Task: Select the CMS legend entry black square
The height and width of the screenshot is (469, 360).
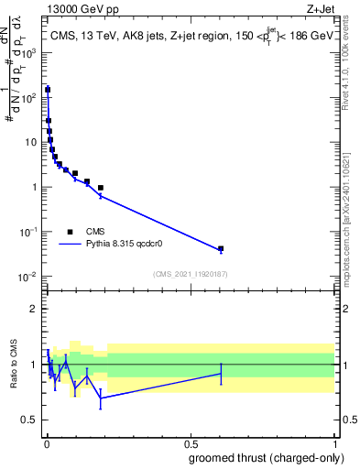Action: pyautogui.click(x=71, y=232)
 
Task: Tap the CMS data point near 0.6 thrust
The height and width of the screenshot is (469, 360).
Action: pyautogui.click(x=221, y=248)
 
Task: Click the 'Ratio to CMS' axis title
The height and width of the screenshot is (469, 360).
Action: pyautogui.click(x=14, y=365)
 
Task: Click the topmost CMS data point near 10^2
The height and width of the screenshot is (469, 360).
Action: pyautogui.click(x=48, y=90)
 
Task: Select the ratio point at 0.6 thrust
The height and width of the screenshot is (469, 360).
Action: pyautogui.click(x=221, y=373)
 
